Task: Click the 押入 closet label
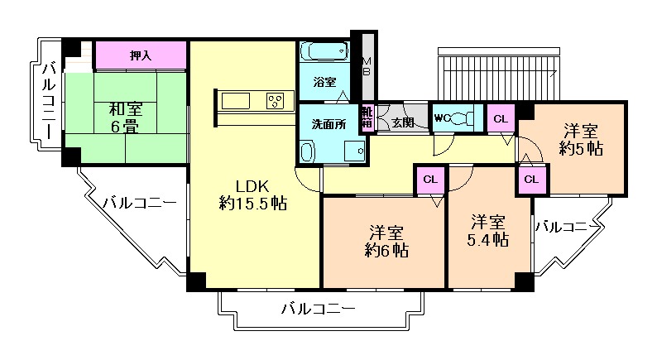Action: tap(140, 55)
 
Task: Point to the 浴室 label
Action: tap(324, 83)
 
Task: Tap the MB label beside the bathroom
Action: tap(367, 66)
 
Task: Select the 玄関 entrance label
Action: tap(403, 122)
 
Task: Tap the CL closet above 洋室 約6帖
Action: tap(429, 180)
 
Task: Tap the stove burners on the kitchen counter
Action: tap(275, 101)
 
